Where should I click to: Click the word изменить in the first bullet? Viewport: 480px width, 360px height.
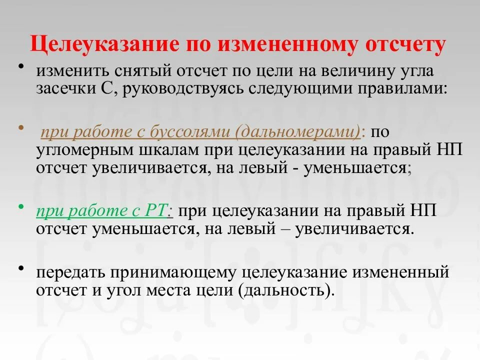pos(72,71)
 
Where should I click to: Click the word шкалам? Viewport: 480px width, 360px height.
pos(160,150)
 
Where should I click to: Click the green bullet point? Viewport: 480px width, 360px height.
pos(21,205)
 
